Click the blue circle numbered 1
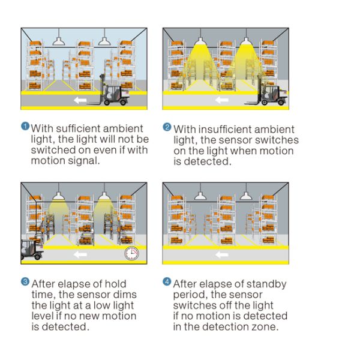25,126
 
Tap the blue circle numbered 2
167,127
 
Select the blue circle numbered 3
25,282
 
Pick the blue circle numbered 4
167,282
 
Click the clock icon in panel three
131,253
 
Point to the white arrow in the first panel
80,100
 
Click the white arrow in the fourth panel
222,254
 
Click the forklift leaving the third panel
32,250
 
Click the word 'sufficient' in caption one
78,128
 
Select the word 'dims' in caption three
125,295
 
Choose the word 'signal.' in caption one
83,161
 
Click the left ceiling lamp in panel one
59,41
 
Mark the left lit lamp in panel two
200,41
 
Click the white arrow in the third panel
80,254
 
